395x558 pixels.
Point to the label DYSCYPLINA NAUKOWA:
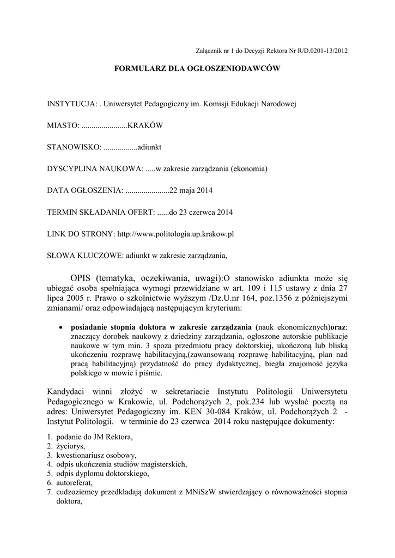click(x=95, y=168)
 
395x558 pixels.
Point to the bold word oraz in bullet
click(x=338, y=327)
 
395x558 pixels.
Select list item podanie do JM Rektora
click(x=94, y=437)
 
